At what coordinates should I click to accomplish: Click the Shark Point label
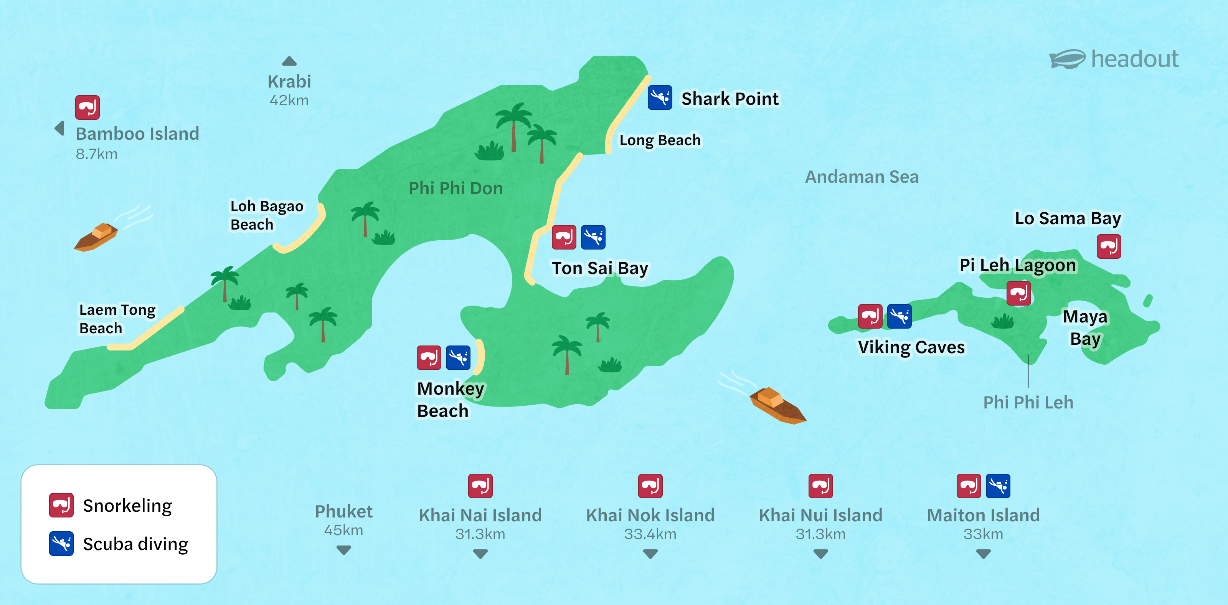click(730, 99)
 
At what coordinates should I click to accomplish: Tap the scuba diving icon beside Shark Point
click(660, 98)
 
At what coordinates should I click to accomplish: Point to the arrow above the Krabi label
click(289, 61)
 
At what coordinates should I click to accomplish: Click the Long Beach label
click(660, 140)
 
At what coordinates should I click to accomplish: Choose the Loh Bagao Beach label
click(266, 215)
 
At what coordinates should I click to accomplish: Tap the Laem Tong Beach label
click(117, 319)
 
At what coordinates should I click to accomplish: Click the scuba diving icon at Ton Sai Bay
click(593, 237)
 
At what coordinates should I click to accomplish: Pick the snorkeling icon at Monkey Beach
click(429, 357)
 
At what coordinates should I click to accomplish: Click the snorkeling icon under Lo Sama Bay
click(1108, 246)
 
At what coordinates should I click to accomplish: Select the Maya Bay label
click(1085, 327)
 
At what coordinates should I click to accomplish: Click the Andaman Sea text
click(862, 177)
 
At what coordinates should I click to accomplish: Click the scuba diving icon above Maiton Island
click(998, 486)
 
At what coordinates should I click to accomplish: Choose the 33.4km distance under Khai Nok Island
click(650, 534)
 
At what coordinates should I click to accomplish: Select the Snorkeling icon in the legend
click(61, 505)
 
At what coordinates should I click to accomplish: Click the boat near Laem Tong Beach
click(97, 236)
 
